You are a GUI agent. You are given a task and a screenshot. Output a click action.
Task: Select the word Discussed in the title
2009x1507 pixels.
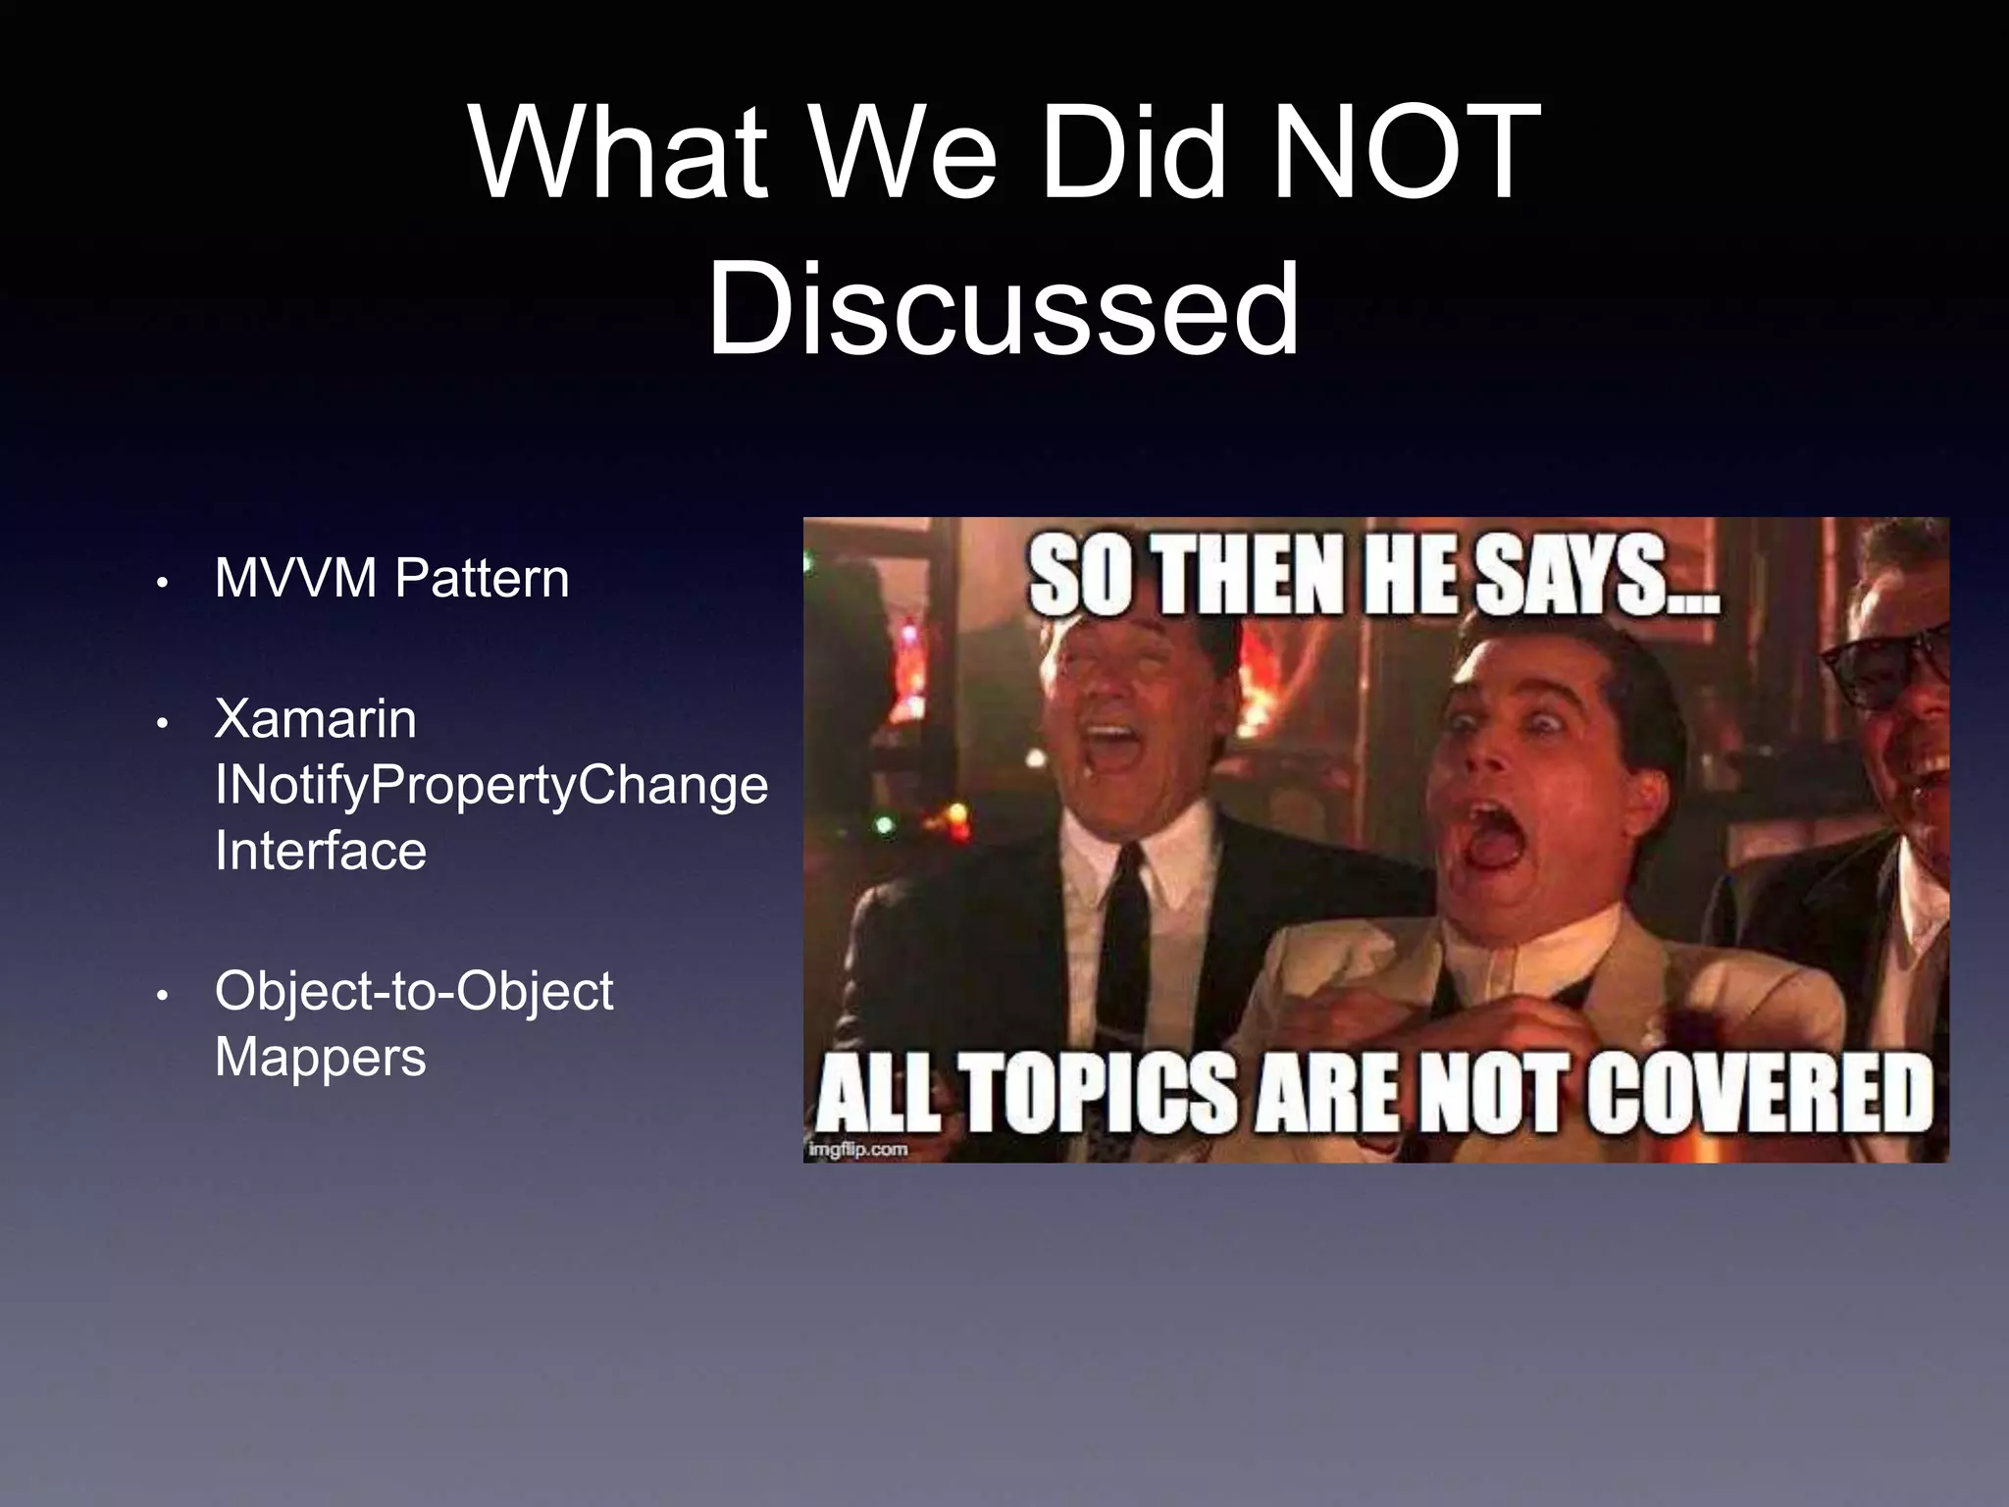1004,308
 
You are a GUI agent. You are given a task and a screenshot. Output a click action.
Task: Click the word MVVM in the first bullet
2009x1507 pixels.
295,578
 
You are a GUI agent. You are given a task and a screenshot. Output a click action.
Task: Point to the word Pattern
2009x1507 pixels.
482,578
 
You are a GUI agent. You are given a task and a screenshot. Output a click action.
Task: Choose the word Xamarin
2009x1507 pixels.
315,718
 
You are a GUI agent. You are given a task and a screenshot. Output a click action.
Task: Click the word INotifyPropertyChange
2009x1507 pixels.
491,785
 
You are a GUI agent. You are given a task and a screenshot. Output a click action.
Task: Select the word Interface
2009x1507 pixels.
321,851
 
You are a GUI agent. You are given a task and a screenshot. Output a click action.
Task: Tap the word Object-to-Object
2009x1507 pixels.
414,991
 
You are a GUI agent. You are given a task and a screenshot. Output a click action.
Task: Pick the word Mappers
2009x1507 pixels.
321,1058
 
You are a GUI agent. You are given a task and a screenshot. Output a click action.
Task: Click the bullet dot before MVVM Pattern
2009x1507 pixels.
163,583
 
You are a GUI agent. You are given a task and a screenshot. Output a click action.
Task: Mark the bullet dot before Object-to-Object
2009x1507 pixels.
163,996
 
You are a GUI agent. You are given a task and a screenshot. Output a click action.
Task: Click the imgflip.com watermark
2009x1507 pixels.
858,1149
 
